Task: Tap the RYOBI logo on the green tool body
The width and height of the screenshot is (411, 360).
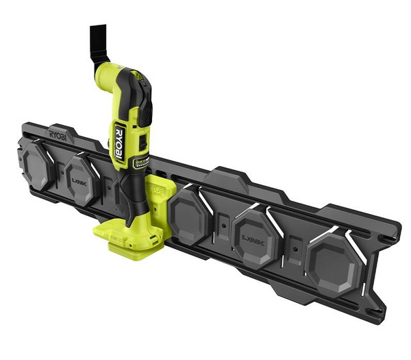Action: pyautogui.click(x=119, y=145)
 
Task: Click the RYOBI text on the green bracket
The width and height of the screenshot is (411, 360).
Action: pyautogui.click(x=156, y=186)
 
